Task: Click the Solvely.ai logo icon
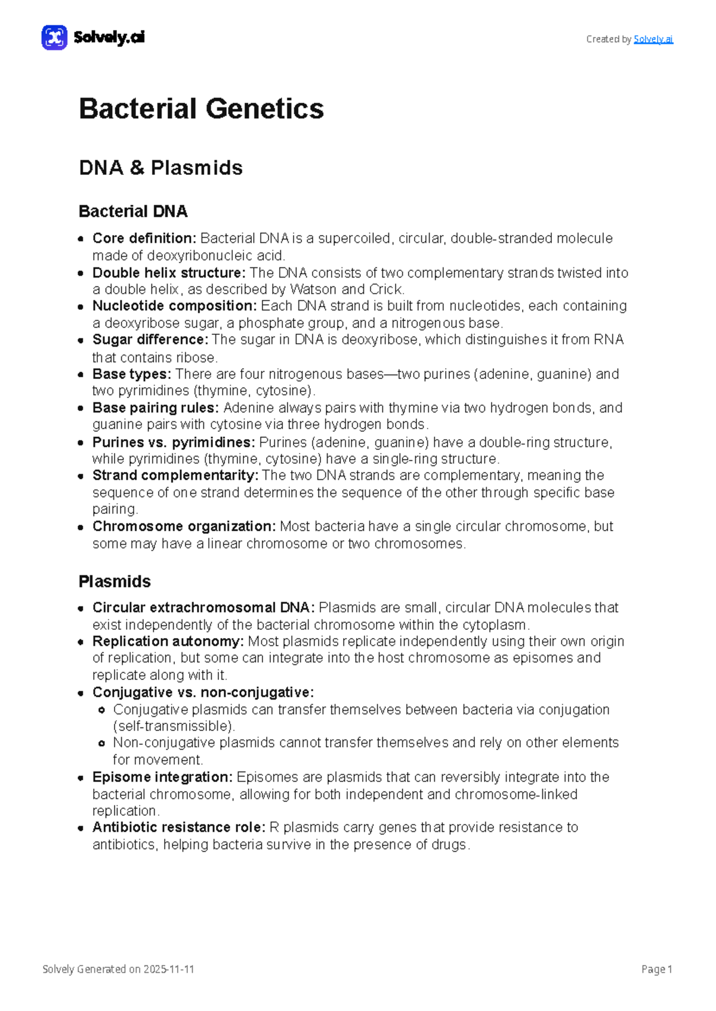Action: click(x=54, y=38)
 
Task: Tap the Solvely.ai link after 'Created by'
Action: click(x=653, y=39)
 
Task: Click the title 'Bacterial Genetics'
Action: click(x=201, y=109)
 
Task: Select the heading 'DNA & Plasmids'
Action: click(x=161, y=168)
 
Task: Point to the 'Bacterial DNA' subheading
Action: click(x=133, y=211)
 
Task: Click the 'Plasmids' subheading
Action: click(x=115, y=581)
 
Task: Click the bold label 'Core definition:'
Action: click(x=144, y=238)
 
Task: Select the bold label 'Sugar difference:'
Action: click(x=150, y=340)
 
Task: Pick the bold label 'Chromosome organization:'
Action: click(x=184, y=526)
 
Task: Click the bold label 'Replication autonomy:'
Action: click(x=168, y=641)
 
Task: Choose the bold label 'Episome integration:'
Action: click(x=162, y=777)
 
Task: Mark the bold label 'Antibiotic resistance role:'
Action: click(x=178, y=827)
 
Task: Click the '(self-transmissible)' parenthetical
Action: click(x=174, y=726)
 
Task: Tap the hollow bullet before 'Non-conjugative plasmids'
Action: click(x=101, y=743)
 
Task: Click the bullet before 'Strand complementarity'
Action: click(x=81, y=476)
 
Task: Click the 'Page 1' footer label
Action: click(x=656, y=969)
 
